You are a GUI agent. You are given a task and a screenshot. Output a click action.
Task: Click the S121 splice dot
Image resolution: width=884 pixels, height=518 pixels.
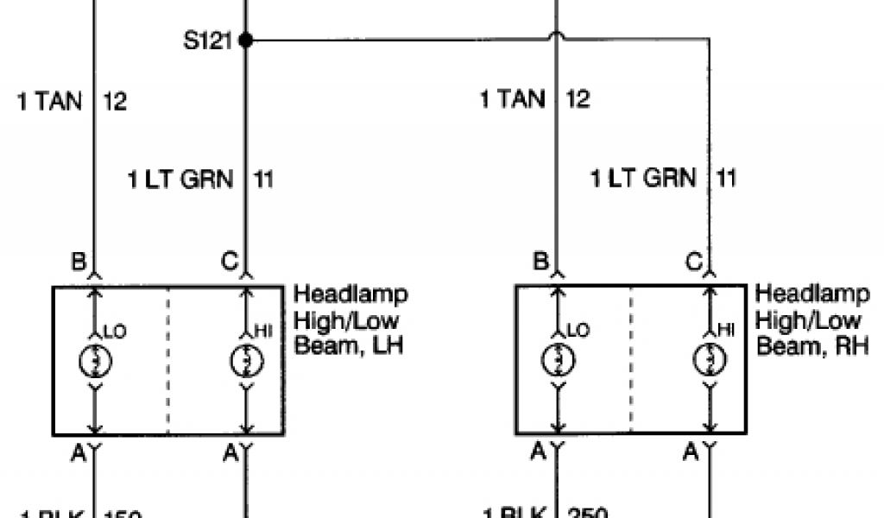click(x=245, y=40)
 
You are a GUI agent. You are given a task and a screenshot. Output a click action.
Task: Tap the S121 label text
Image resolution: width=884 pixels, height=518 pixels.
click(x=208, y=41)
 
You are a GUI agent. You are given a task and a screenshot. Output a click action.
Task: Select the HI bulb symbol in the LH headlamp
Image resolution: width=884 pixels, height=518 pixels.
click(x=246, y=358)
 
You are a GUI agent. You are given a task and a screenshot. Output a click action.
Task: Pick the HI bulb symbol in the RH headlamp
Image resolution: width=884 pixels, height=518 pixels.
click(x=709, y=358)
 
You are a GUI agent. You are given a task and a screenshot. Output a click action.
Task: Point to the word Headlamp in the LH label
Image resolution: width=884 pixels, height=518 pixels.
click(x=350, y=294)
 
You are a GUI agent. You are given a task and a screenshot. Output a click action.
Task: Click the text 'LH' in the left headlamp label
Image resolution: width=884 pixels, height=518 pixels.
click(x=388, y=346)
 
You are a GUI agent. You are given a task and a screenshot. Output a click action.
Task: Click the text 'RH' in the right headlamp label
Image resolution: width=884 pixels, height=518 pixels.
click(x=851, y=346)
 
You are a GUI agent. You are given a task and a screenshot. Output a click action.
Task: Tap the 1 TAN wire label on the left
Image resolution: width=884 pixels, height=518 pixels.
click(x=50, y=101)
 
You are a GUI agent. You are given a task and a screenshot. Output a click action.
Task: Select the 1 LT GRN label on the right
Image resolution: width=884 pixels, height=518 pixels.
click(x=642, y=179)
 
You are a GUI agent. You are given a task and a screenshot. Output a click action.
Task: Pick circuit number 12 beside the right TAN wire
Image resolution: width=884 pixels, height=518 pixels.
click(x=578, y=99)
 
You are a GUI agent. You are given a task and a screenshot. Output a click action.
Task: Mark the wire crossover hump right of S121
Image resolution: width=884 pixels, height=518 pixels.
click(x=555, y=38)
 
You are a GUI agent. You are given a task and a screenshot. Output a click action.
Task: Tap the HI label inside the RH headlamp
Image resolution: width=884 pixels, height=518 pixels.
click(x=726, y=330)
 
